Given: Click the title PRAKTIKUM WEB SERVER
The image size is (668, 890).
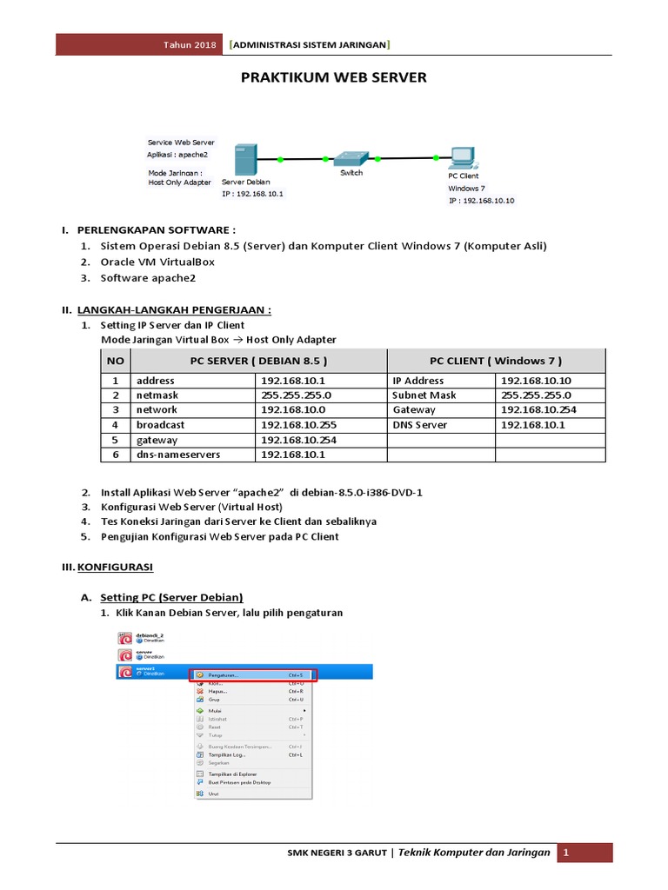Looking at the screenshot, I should (x=333, y=77).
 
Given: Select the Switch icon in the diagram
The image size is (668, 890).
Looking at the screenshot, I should (x=351, y=157).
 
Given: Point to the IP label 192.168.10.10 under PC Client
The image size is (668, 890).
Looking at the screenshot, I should (x=482, y=201).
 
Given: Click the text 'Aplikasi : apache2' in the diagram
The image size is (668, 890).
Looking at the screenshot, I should (x=177, y=154).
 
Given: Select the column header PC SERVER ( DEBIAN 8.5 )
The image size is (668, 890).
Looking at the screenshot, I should (x=258, y=361).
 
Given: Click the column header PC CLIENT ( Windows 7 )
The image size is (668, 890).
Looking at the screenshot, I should (x=495, y=361).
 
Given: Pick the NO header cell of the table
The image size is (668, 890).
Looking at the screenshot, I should (x=115, y=361).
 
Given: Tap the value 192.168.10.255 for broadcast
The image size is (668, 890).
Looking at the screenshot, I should (x=298, y=425).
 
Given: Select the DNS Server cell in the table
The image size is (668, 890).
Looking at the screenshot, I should (x=419, y=425).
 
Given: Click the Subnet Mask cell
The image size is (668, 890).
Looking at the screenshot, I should (x=424, y=395).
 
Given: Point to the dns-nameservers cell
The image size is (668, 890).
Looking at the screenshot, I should (x=177, y=455).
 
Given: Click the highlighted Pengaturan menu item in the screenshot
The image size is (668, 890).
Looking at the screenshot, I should (x=253, y=674).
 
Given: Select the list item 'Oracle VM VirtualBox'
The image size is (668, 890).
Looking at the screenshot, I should (x=157, y=262).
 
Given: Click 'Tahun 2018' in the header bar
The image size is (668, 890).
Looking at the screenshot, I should (x=190, y=44).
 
